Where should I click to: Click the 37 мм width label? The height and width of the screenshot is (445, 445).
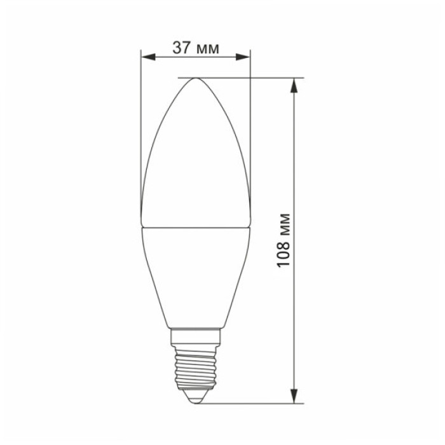pyautogui.click(x=195, y=48)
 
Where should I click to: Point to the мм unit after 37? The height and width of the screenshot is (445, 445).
pyautogui.click(x=207, y=49)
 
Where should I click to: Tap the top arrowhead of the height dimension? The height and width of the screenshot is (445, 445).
pyautogui.click(x=294, y=85)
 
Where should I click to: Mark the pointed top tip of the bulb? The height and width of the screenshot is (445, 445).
pyautogui.click(x=195, y=79)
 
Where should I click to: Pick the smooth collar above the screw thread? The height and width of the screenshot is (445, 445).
pyautogui.click(x=195, y=337)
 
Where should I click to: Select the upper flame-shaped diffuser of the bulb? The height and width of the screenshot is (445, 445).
pyautogui.click(x=195, y=159)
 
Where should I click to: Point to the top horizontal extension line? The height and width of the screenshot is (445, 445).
pyautogui.click(x=254, y=78)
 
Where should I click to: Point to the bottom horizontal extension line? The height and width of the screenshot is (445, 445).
pyautogui.click(x=254, y=403)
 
